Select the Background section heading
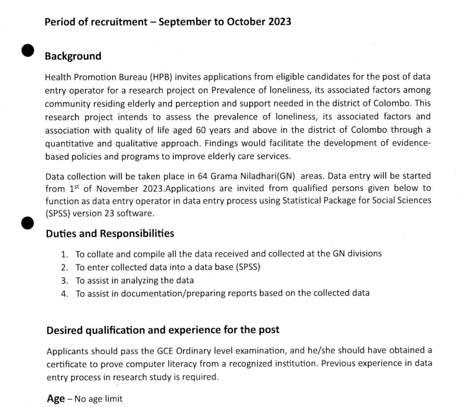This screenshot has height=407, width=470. pyautogui.click(x=73, y=57)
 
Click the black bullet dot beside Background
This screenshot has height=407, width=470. pyautogui.click(x=27, y=51)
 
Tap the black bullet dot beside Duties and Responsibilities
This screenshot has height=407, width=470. pyautogui.click(x=27, y=223)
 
